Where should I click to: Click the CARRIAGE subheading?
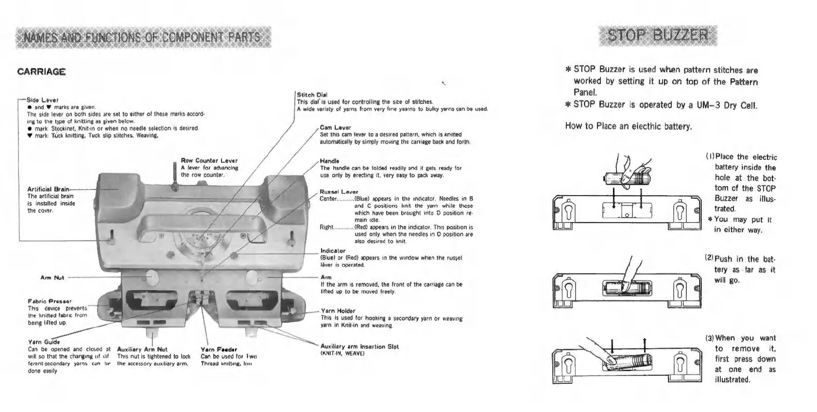[41, 72]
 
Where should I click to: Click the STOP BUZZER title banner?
[658, 35]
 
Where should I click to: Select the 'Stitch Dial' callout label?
[312, 95]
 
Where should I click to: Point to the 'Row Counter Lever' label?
[209, 160]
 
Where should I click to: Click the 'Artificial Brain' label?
[48, 189]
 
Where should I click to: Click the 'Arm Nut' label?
[52, 278]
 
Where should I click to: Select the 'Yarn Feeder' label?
[219, 349]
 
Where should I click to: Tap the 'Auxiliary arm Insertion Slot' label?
[359, 346]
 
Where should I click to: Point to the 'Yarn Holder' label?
[338, 311]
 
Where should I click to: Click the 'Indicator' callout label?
[333, 251]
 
